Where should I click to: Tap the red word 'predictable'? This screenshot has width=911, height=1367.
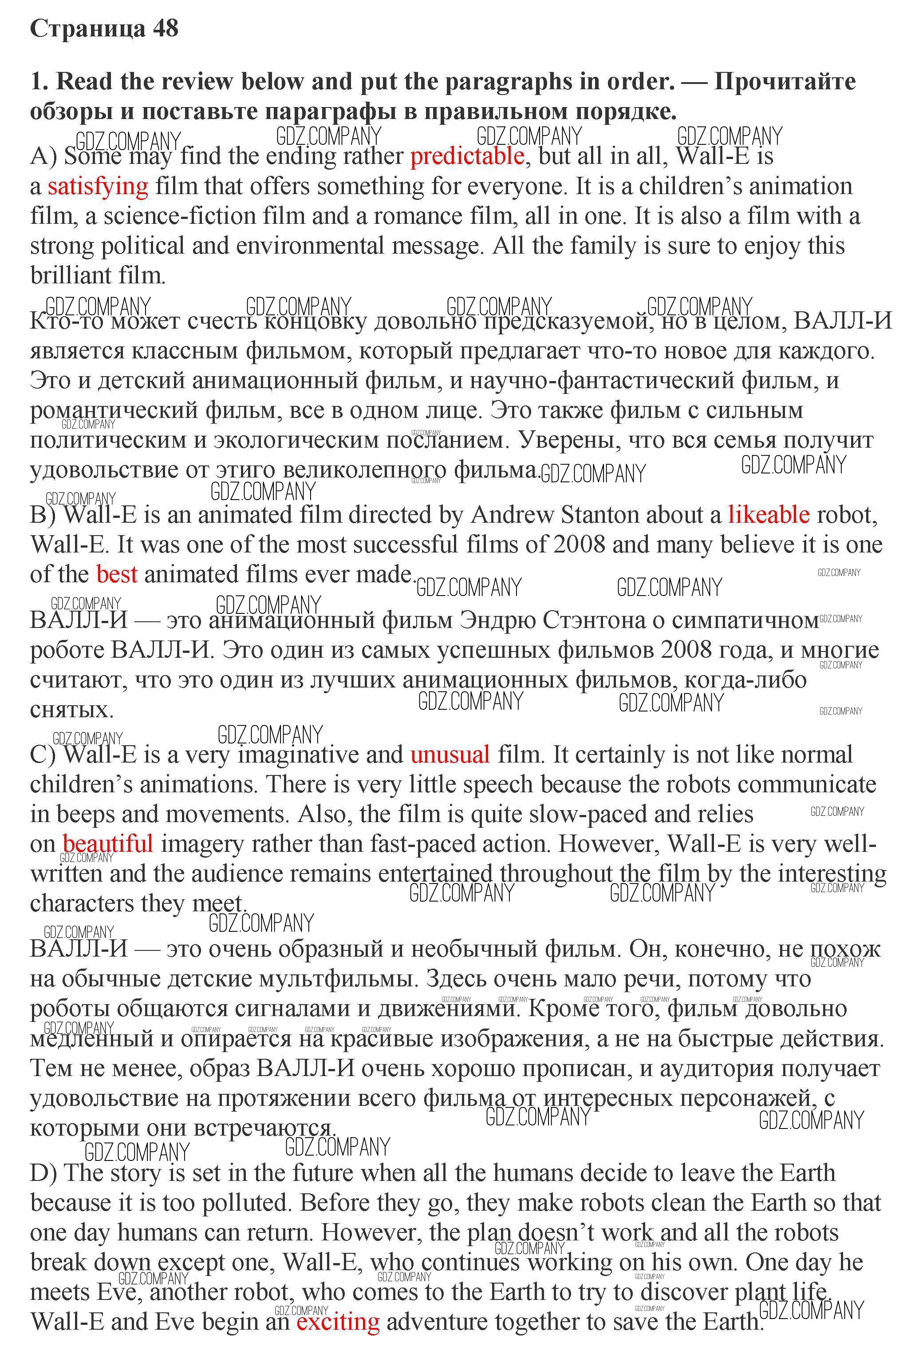click(467, 156)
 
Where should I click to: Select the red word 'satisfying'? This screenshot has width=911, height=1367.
click(98, 186)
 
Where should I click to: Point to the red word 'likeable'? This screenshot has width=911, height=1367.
click(768, 515)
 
